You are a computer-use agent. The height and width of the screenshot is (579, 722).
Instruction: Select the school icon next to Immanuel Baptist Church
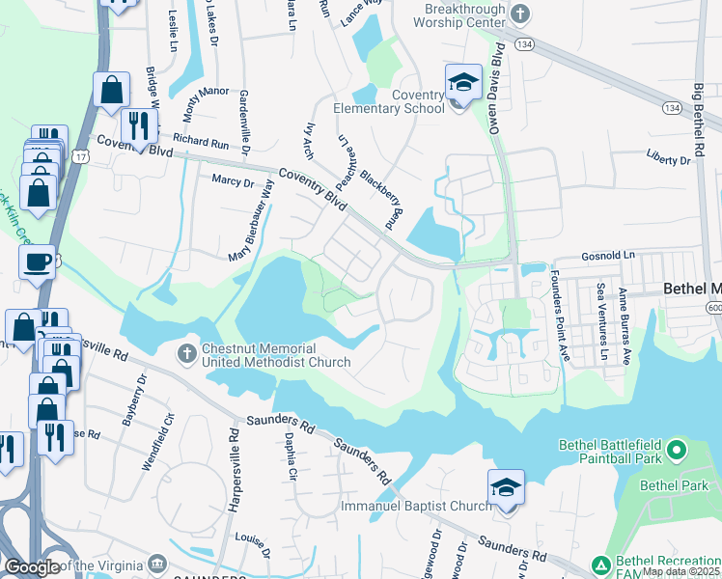(x=506, y=489)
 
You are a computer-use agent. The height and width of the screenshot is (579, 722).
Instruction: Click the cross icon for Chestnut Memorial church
(x=187, y=353)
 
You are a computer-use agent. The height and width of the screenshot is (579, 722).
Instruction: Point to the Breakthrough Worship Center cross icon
(x=521, y=14)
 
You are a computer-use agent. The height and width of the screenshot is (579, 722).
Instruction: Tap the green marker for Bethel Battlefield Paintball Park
(x=676, y=450)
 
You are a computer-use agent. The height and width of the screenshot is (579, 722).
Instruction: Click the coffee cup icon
(x=38, y=262)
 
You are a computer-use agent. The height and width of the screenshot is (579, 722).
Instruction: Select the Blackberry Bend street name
(x=380, y=194)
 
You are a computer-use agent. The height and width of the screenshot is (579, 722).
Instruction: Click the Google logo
(x=32, y=566)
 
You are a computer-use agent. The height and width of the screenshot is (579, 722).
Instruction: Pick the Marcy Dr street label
(x=232, y=180)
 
